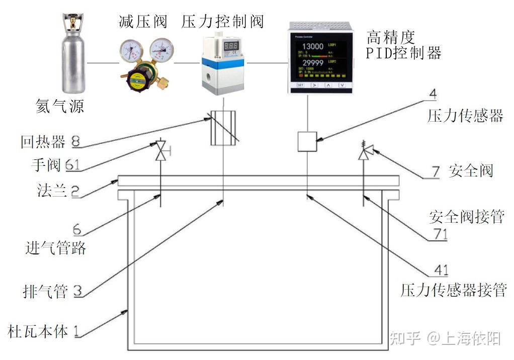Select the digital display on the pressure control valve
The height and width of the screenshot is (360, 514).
[232, 47]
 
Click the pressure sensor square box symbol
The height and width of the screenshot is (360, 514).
[307, 141]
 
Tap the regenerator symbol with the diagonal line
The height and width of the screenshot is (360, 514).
[222, 128]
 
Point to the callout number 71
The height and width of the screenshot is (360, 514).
[438, 234]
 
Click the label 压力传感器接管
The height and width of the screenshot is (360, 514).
[453, 291]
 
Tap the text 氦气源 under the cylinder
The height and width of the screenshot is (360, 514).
[59, 107]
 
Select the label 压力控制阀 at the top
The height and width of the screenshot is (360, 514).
[223, 22]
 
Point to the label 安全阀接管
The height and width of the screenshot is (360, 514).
[466, 217]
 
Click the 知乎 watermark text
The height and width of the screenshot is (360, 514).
[405, 339]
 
